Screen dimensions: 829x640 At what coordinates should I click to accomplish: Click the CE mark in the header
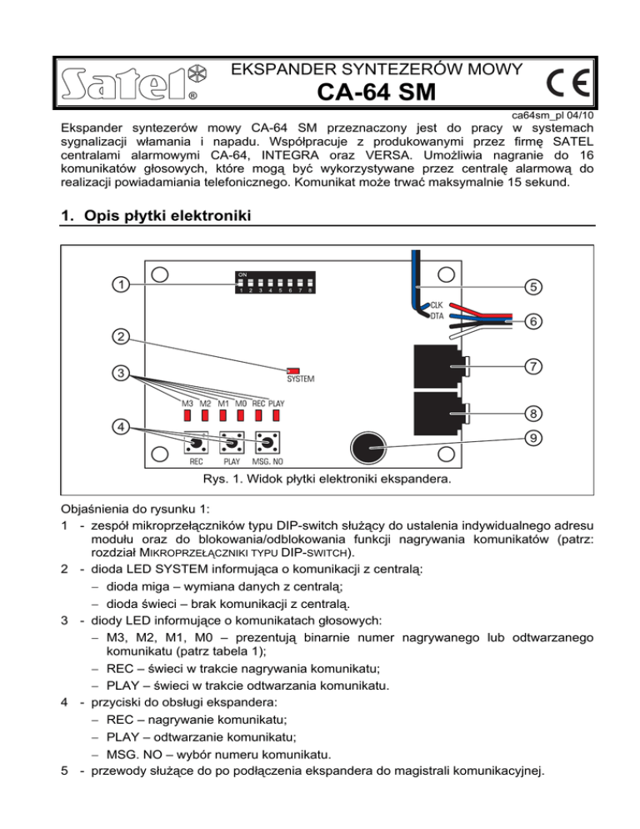569,85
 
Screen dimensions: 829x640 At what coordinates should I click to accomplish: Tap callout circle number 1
122,284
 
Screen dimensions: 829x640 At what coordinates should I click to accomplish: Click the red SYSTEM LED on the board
292,369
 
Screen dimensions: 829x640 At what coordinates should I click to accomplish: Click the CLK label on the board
436,305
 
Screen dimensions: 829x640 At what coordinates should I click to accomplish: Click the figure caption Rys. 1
319,480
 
